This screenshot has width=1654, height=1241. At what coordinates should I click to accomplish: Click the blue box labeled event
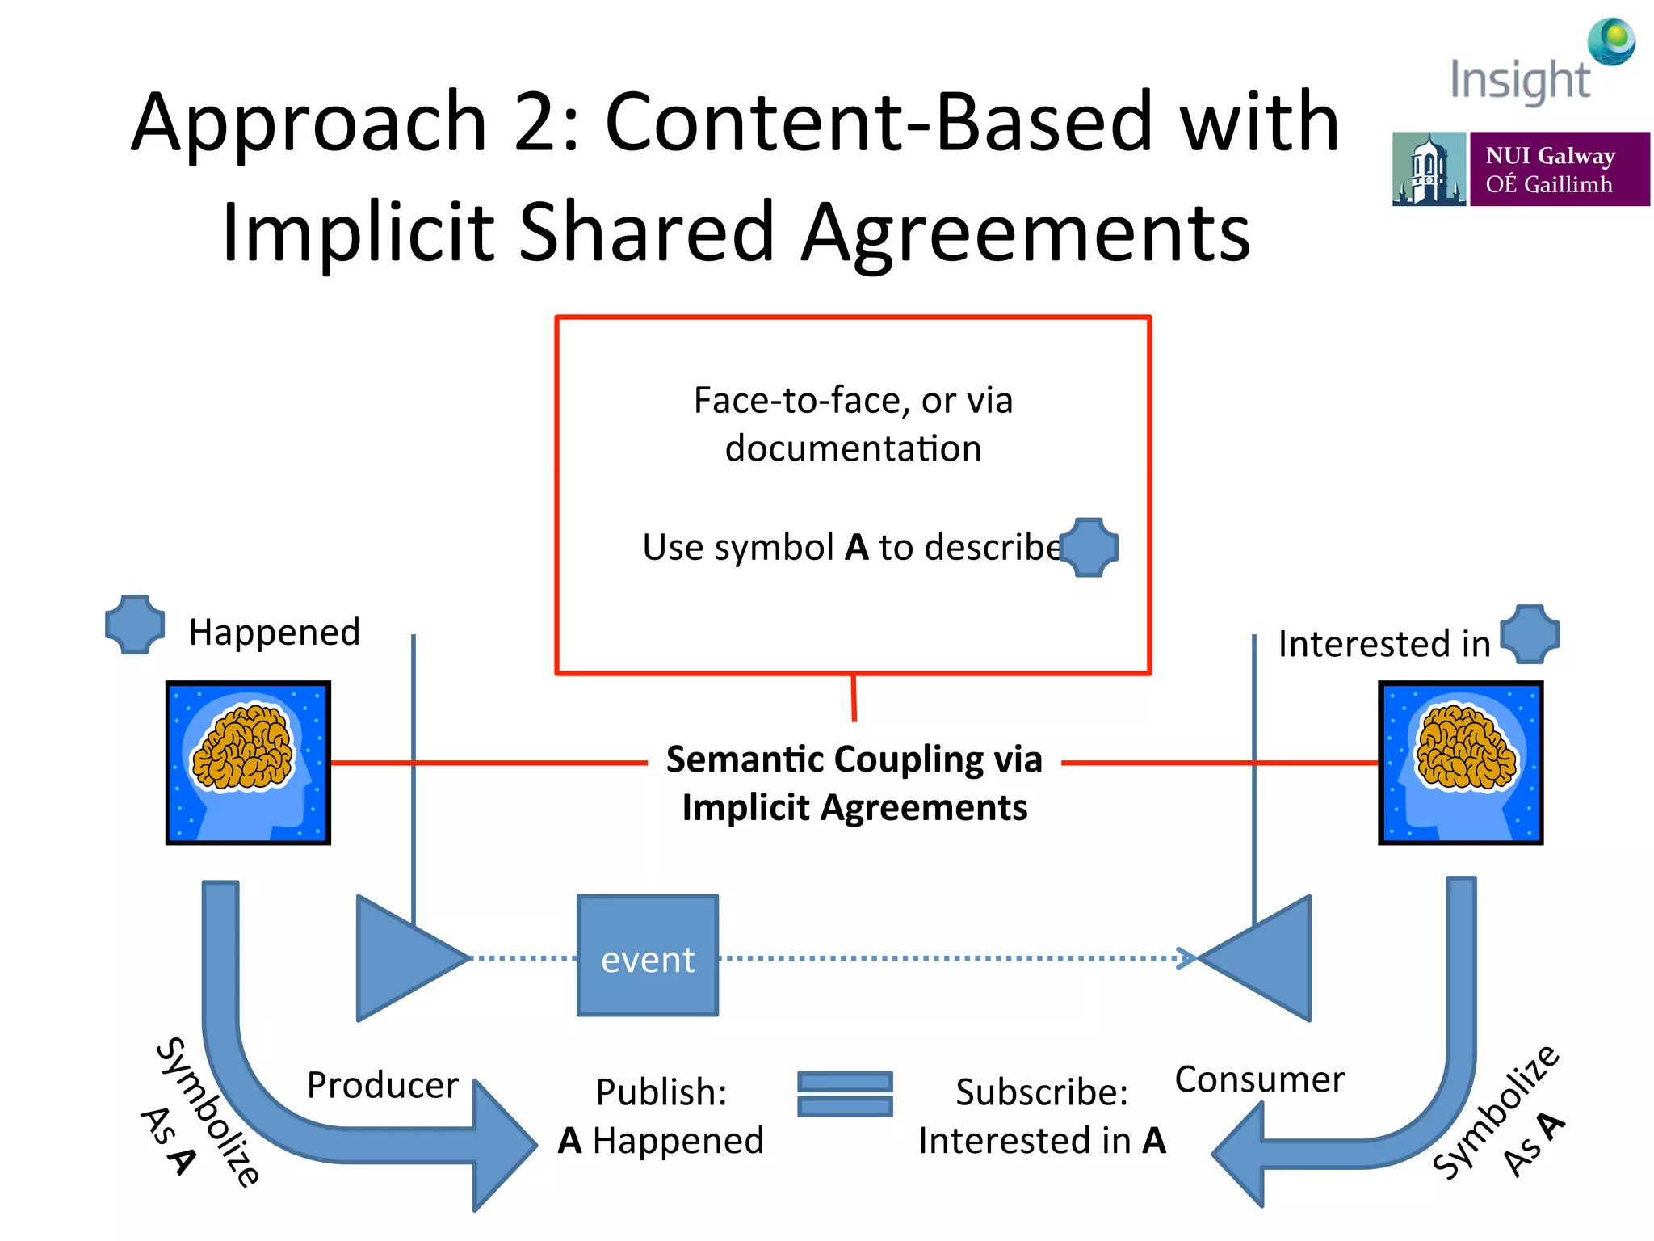(x=647, y=955)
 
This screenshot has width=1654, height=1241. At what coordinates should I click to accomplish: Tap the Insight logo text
(x=1519, y=81)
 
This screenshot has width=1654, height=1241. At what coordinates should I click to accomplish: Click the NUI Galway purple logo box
(x=1559, y=169)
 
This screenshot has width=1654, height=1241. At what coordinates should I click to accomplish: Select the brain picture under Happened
(x=248, y=763)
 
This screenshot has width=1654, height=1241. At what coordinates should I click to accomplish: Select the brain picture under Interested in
(x=1460, y=763)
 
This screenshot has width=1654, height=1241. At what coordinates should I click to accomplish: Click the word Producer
(x=382, y=1084)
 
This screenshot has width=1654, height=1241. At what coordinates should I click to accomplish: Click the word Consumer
(x=1259, y=1079)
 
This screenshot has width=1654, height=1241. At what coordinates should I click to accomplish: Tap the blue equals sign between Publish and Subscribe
(x=845, y=1094)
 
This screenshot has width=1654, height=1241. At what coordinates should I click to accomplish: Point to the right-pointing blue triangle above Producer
(x=404, y=958)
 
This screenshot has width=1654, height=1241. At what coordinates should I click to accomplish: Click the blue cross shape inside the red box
(x=1089, y=547)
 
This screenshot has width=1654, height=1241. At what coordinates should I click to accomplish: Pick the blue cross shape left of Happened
(x=135, y=624)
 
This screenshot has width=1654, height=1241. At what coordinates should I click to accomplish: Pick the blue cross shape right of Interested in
(x=1530, y=634)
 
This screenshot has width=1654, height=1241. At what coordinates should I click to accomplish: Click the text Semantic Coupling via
(x=854, y=759)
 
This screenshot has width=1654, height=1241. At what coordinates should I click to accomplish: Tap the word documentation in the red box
(x=853, y=448)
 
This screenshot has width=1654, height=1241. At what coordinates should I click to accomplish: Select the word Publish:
(x=661, y=1092)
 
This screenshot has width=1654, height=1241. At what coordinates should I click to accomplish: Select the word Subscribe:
(x=1041, y=1092)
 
